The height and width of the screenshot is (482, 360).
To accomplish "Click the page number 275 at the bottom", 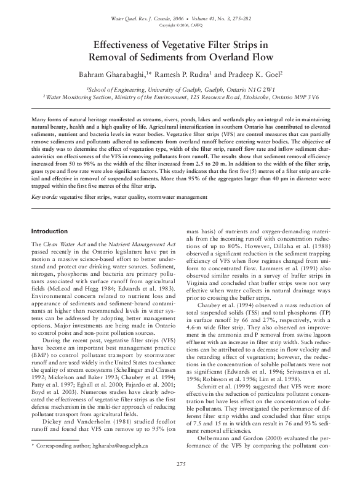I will coord(180,463).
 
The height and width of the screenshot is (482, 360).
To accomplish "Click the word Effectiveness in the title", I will coord(126,46).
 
